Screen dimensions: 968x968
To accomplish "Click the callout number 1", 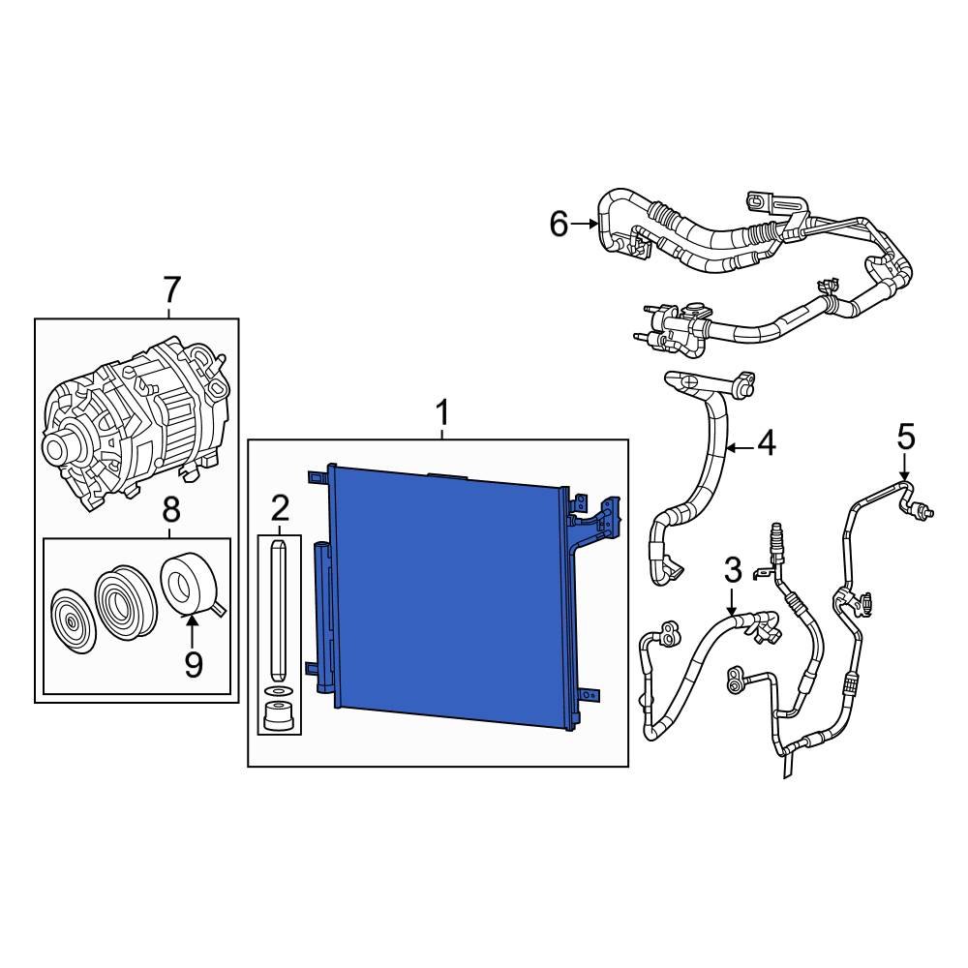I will (x=441, y=414).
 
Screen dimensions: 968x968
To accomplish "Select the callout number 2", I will (x=280, y=506).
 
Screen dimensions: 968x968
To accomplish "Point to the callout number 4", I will (x=766, y=444).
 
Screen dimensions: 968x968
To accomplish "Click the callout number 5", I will (x=905, y=437).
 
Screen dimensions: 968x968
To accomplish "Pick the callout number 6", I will (x=559, y=225).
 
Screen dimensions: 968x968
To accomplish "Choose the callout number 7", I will (x=170, y=288).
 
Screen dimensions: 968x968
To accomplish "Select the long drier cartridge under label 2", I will (x=279, y=610).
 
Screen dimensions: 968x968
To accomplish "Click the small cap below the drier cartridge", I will (x=280, y=718).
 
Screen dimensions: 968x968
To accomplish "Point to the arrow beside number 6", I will (x=586, y=225).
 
